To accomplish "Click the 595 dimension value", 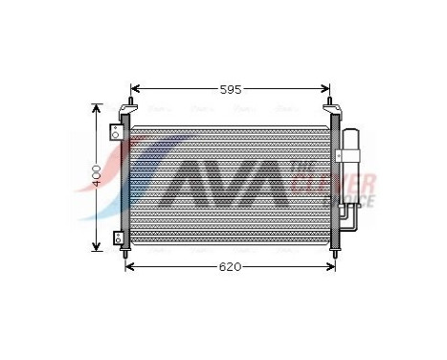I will [x=231, y=89].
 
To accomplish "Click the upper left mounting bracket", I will [x=119, y=128].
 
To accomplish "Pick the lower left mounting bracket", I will [x=118, y=236].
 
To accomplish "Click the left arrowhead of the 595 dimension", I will [x=135, y=89].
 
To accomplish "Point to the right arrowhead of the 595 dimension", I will [x=325, y=89].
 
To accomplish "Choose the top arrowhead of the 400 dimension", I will [x=96, y=108].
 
